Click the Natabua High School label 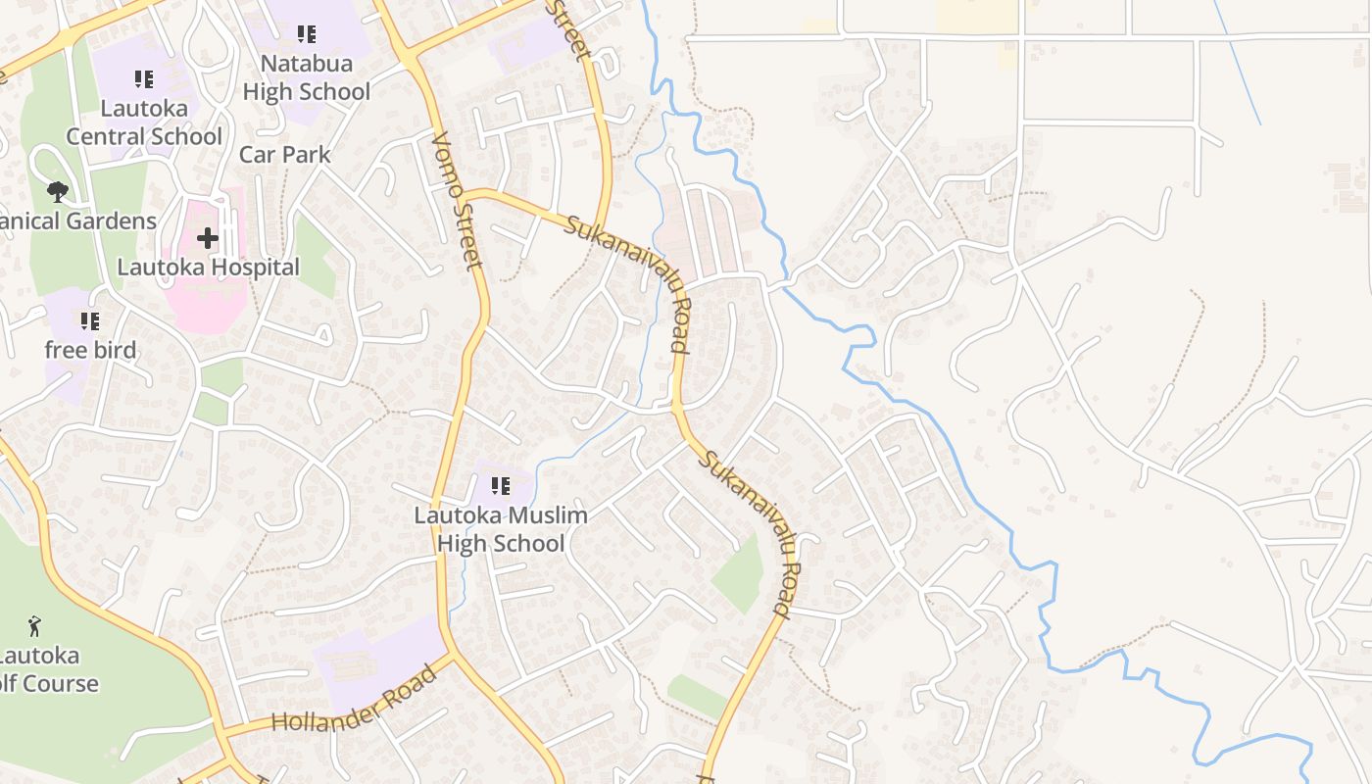pos(307,78)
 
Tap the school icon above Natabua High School pos(307,34)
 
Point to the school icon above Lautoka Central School pos(144,79)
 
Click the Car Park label pos(285,155)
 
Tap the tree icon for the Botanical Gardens pos(58,190)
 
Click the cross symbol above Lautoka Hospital pos(208,237)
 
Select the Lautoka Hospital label pos(208,267)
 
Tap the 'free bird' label pos(90,350)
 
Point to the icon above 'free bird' pos(90,320)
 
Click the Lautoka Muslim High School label pos(501,529)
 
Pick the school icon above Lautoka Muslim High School pos(501,485)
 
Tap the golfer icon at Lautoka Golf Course pos(35,625)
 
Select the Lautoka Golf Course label pos(44,669)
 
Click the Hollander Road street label pos(353,700)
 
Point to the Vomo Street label pos(458,201)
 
